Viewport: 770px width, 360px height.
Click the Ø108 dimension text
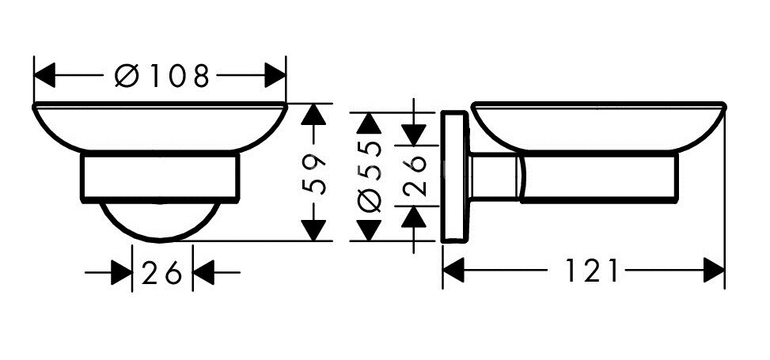pyautogui.click(x=162, y=76)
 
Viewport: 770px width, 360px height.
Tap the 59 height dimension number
pyautogui.click(x=315, y=173)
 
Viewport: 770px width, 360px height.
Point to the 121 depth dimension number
pyautogui.click(x=592, y=271)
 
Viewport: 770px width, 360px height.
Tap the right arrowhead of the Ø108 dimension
pyautogui.click(x=275, y=76)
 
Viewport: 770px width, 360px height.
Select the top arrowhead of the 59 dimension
pyautogui.click(x=315, y=116)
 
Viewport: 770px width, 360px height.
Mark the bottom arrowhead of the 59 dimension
pyautogui.click(x=315, y=229)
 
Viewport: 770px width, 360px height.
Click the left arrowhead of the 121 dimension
pyautogui.click(x=453, y=271)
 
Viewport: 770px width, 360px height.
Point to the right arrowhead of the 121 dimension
pyautogui.click(x=714, y=271)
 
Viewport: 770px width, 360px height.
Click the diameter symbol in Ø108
pyautogui.click(x=127, y=76)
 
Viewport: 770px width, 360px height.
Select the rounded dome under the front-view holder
pyautogui.click(x=161, y=222)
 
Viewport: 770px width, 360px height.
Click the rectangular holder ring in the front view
pyautogui.click(x=161, y=178)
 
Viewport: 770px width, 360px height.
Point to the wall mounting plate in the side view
pyautogui.click(x=453, y=176)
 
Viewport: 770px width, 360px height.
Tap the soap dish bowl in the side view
pyautogui.click(x=597, y=127)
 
